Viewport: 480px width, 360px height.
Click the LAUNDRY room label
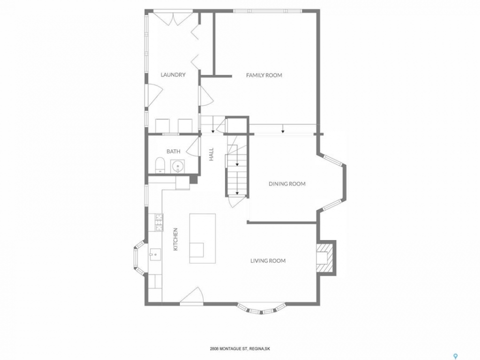173,74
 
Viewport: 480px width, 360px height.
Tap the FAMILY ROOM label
264,75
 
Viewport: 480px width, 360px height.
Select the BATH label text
173,151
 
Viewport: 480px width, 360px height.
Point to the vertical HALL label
211,154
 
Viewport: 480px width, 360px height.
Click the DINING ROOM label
287,184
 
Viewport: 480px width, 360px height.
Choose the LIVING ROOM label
268,261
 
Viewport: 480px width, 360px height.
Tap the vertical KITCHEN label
175,239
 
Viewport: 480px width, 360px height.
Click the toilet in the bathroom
160,165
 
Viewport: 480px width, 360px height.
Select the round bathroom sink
177,166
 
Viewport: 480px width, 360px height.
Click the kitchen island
202,238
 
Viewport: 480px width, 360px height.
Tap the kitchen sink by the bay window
155,254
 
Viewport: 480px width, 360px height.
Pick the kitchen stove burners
159,222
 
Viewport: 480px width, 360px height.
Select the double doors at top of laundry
173,18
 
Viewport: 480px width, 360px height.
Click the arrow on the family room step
283,129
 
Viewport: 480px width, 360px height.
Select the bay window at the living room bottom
261,309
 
